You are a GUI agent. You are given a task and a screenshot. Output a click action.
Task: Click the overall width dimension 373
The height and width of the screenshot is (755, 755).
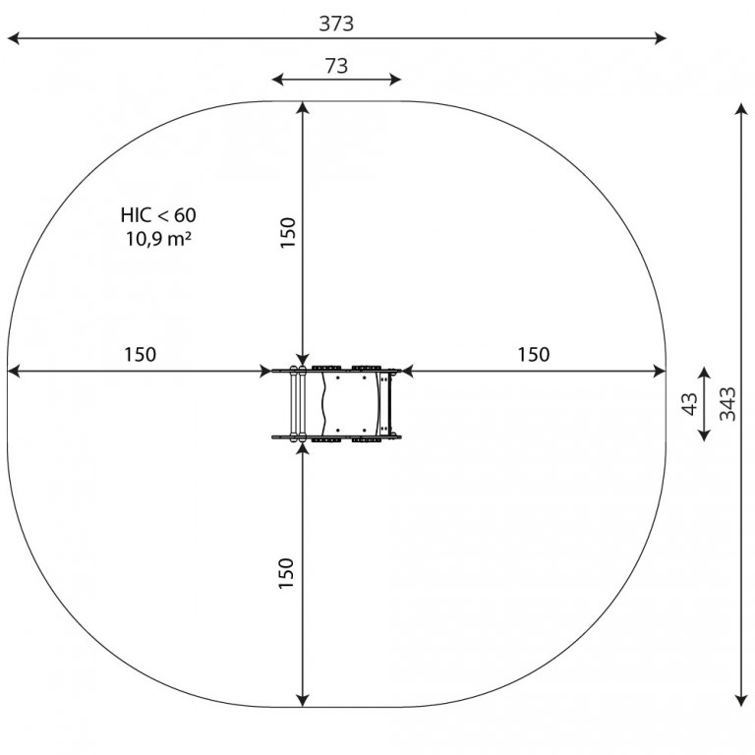point(336,24)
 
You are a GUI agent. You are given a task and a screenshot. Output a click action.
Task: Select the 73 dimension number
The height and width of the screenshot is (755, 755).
point(336,66)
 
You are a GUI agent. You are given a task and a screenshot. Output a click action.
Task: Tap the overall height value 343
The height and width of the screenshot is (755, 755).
point(727,403)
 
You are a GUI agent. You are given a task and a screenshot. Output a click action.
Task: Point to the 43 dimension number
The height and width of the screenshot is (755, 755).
point(690,403)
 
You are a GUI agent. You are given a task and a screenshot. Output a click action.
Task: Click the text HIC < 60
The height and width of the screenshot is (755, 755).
point(158,215)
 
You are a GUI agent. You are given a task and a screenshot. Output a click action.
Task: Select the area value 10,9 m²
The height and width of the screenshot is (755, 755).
point(159,238)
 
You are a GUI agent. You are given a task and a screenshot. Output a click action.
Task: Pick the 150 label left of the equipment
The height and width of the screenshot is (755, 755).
point(141,354)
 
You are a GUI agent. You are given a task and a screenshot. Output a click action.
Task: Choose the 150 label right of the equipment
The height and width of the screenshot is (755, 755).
point(534,354)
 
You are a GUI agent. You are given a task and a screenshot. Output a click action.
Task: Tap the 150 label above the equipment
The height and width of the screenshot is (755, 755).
point(287,233)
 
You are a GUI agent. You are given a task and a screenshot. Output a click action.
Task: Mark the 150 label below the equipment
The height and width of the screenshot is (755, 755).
point(286,573)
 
